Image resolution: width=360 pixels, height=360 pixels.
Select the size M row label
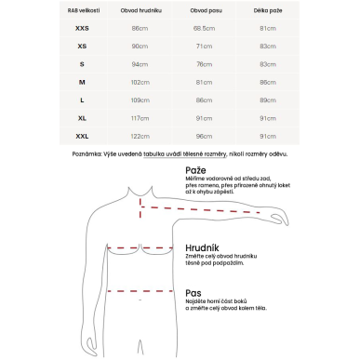(82, 81)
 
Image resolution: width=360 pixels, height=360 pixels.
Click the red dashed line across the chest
(142, 249)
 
